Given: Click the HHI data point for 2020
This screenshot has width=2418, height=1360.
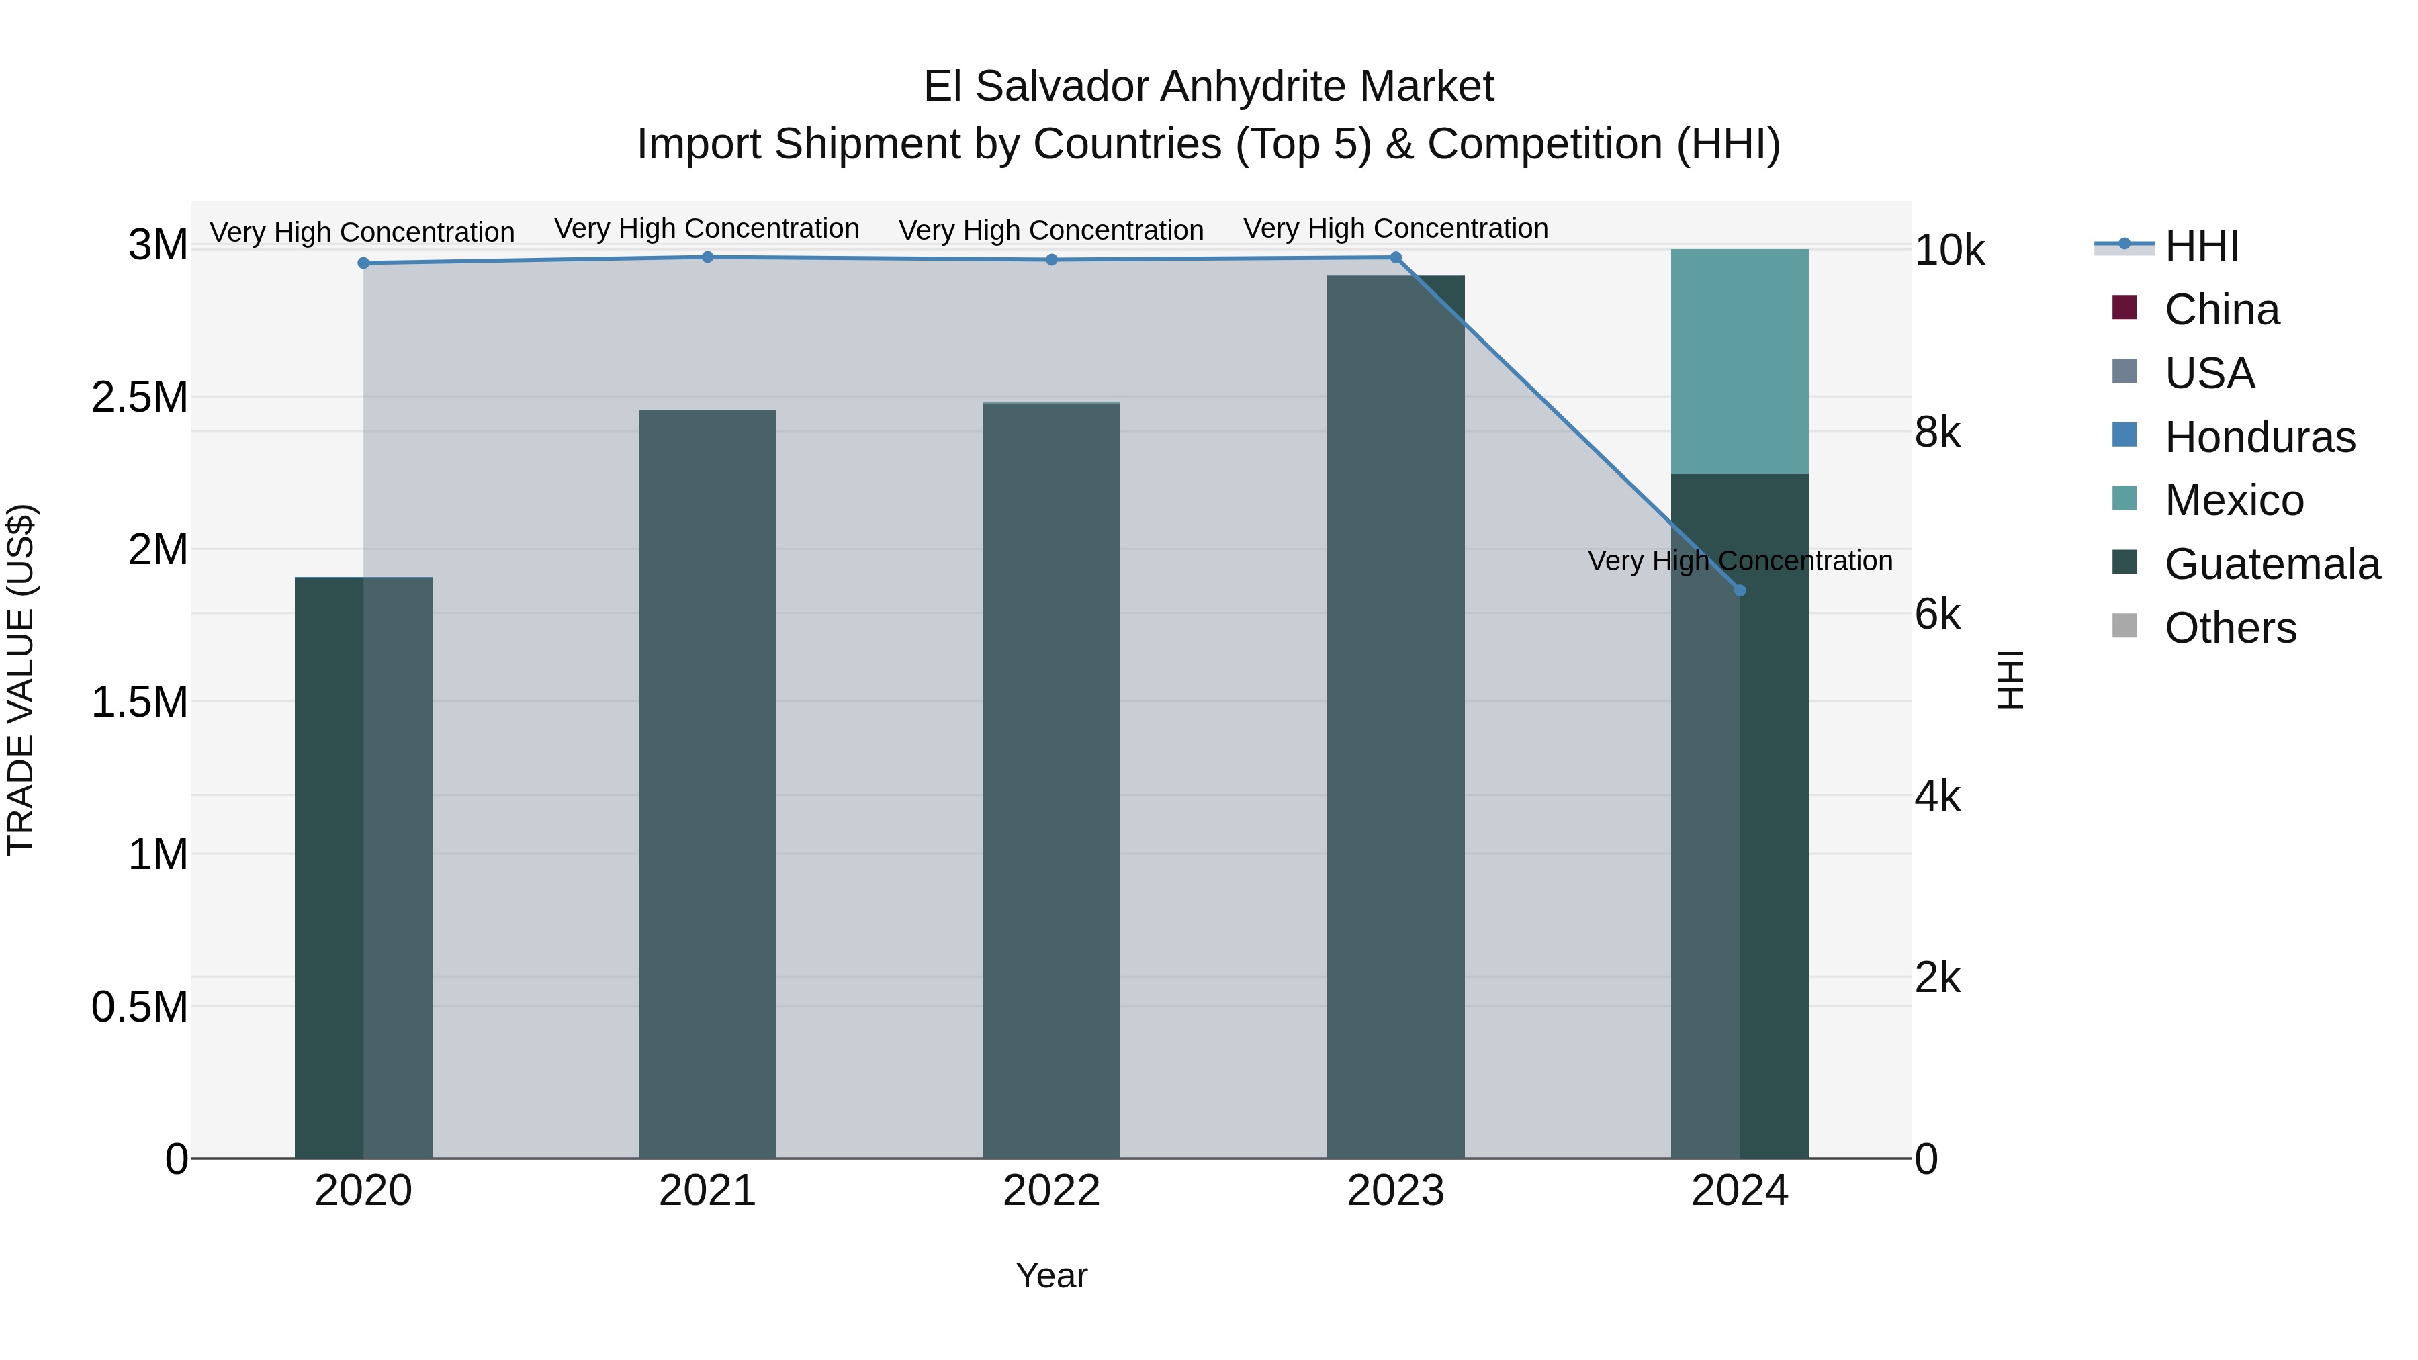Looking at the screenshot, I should [x=363, y=263].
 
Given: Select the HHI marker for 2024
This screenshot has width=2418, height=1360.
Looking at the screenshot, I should [x=1740, y=590].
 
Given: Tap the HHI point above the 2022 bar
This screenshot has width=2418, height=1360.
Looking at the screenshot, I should [x=1051, y=260].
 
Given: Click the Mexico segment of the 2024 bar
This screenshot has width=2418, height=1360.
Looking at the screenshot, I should [x=1740, y=361].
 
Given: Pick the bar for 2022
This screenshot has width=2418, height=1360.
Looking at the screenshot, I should [x=1051, y=780].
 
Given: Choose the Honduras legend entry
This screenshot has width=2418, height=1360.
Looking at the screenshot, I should [x=2259, y=437].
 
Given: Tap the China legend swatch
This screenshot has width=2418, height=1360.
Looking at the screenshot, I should [x=2124, y=308].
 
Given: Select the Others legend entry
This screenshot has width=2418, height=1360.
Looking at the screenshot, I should [x=2229, y=628].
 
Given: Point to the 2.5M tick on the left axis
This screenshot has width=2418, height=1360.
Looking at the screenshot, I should [x=140, y=397].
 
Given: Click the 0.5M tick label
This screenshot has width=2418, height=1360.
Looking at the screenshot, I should [x=140, y=1007].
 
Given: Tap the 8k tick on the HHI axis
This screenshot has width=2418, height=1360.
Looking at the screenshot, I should [x=1937, y=433].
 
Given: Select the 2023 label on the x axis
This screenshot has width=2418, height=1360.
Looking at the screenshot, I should [x=1395, y=1191].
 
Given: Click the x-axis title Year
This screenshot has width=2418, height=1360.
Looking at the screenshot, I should [x=1051, y=1275].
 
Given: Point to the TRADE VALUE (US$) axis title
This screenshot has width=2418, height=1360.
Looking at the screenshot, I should [x=21, y=680].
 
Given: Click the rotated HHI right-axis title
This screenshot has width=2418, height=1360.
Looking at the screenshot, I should [x=2010, y=680].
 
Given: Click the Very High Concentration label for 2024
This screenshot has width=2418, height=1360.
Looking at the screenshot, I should [x=1740, y=560].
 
